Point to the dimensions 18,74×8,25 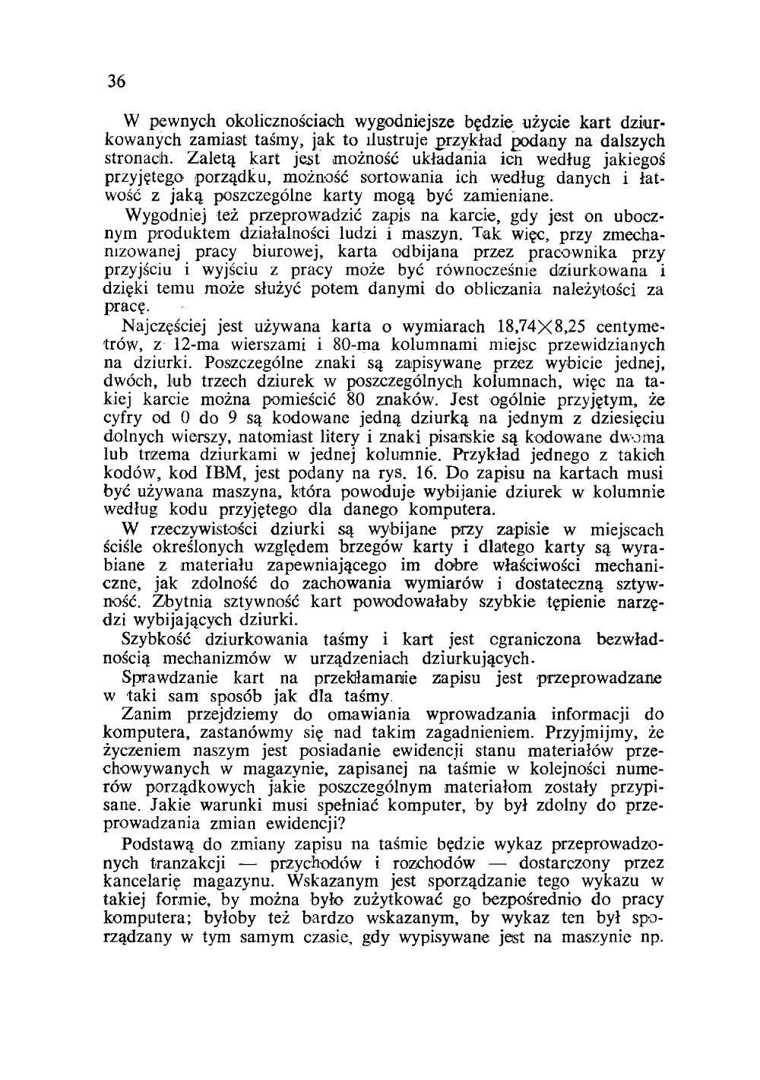point(540,328)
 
